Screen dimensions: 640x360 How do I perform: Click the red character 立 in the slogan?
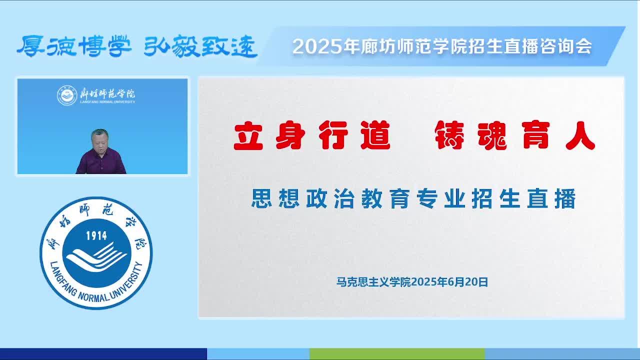pyautogui.click(x=248, y=135)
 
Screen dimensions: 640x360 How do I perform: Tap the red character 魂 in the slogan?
pyautogui.click(x=492, y=135)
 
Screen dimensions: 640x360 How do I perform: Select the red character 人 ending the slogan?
pyautogui.click(x=580, y=135)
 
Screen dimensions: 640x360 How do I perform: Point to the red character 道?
pyautogui.click(x=375, y=135)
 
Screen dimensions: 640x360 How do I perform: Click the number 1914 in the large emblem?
pyautogui.click(x=96, y=235)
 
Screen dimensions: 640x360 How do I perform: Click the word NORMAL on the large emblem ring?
pyautogui.click(x=93, y=296)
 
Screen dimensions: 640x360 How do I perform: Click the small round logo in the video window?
pyautogui.click(x=67, y=95)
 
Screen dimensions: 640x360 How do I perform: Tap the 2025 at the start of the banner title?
pyautogui.click(x=317, y=46)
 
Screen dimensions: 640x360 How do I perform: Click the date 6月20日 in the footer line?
pyautogui.click(x=467, y=282)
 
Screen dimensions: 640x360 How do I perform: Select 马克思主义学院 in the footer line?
pyautogui.click(x=373, y=282)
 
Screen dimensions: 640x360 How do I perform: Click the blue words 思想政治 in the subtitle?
pyautogui.click(x=303, y=198)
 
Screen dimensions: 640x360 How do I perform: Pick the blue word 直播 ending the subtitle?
pyautogui.click(x=551, y=198)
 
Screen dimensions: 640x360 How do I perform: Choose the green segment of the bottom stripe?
pyautogui.click(x=397, y=354)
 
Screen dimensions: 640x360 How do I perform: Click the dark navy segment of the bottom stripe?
pyautogui.click(x=103, y=354)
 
